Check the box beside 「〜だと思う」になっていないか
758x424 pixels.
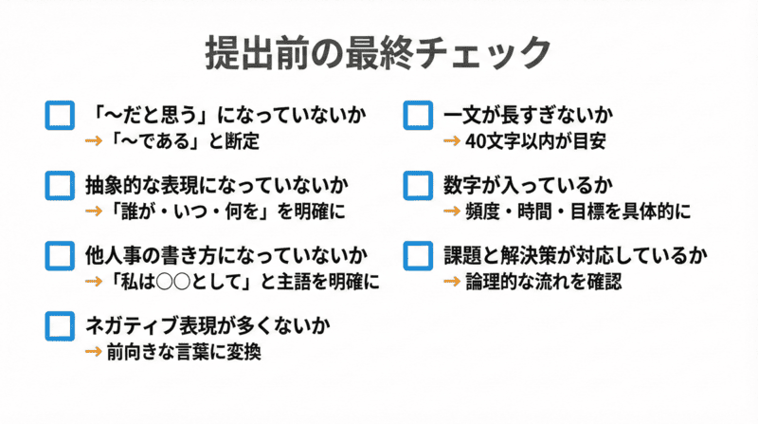pos(60,116)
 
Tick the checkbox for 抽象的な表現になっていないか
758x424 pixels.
pos(60,185)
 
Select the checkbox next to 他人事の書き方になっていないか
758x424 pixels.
pos(60,256)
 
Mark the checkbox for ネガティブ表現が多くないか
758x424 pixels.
pos(60,325)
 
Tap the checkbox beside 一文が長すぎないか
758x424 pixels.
pos(418,116)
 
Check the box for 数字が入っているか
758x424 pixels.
pos(418,185)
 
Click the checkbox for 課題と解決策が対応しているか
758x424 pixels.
pos(418,256)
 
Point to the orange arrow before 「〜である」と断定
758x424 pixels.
pos(94,141)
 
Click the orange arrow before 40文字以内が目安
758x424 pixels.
pos(452,141)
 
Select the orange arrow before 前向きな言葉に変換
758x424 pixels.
pos(94,352)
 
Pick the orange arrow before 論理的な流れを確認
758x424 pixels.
pos(452,282)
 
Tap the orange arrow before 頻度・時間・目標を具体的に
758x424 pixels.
pos(452,211)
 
